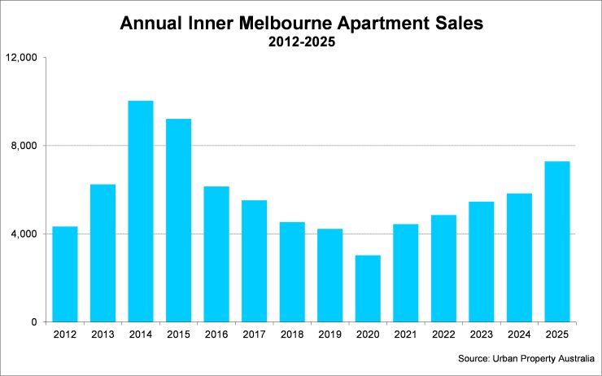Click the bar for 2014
[x=140, y=212]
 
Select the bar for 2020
[x=368, y=289]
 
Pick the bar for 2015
[x=178, y=221]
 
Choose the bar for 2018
[x=292, y=272]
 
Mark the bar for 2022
[x=443, y=269]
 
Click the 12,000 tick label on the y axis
[x=23, y=58]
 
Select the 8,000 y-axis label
[x=26, y=146]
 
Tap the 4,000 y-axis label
[x=26, y=234]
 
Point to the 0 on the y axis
[x=36, y=322]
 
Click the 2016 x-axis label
[x=216, y=334]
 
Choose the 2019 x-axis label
[x=329, y=334]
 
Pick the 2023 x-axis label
[x=482, y=334]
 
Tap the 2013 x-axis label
[x=103, y=334]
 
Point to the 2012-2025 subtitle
[x=301, y=43]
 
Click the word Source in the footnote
[x=474, y=357]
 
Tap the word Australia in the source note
[x=574, y=357]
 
